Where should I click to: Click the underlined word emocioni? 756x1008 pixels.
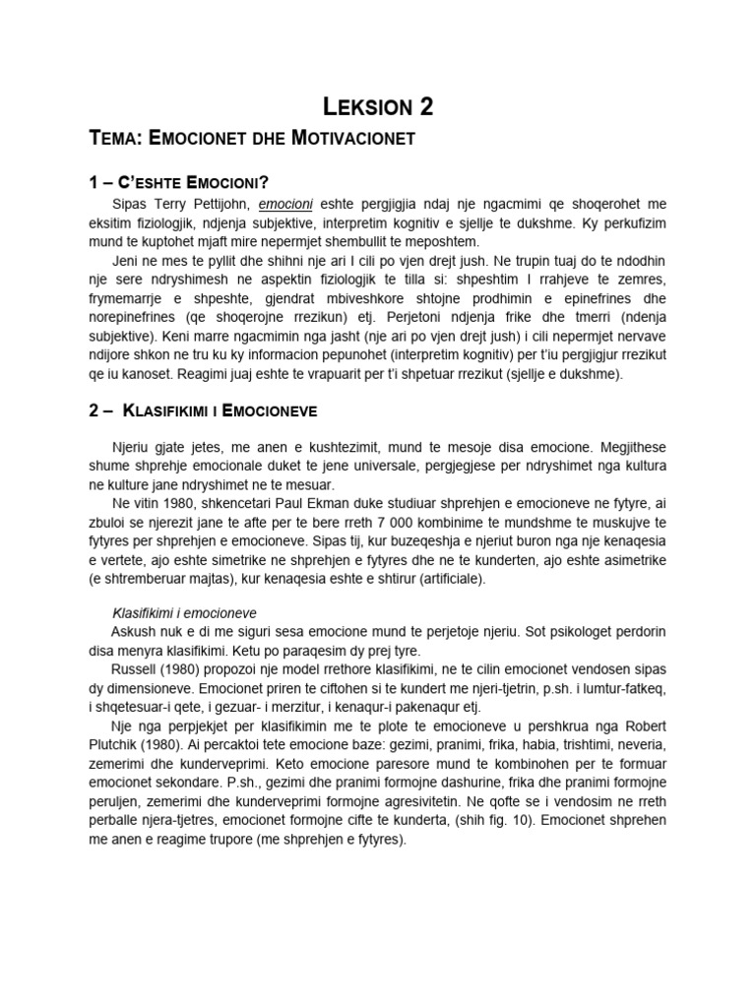(x=285, y=204)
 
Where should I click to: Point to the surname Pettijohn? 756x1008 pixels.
(x=215, y=204)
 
